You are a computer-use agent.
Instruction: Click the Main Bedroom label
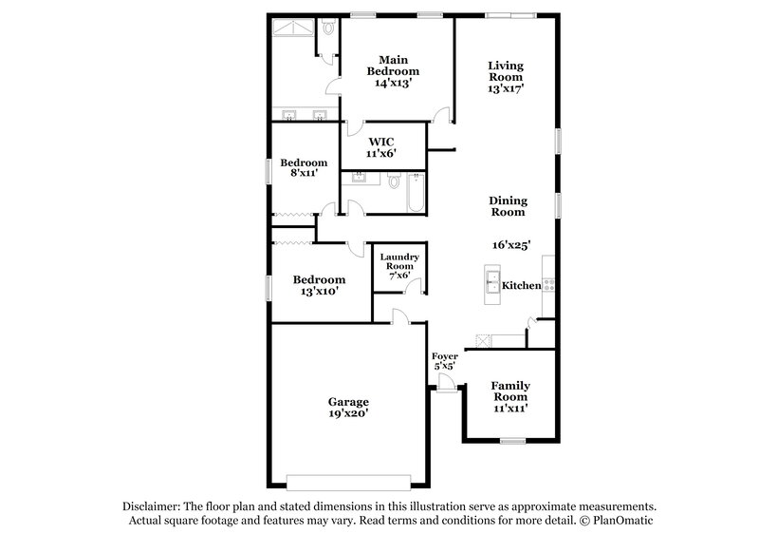click(x=393, y=65)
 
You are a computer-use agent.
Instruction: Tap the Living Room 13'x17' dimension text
click(x=506, y=87)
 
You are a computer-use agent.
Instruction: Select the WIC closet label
click(x=380, y=141)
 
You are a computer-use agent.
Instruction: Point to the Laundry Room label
click(x=399, y=262)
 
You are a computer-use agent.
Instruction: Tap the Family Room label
click(x=509, y=391)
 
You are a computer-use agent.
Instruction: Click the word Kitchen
click(x=521, y=285)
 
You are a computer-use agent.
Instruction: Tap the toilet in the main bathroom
click(x=326, y=30)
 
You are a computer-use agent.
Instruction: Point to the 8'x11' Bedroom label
click(x=302, y=168)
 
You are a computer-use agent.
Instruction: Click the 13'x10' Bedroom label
click(x=318, y=286)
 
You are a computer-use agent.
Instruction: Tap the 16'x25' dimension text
click(x=509, y=245)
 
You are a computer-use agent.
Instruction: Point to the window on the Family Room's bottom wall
click(x=512, y=440)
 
